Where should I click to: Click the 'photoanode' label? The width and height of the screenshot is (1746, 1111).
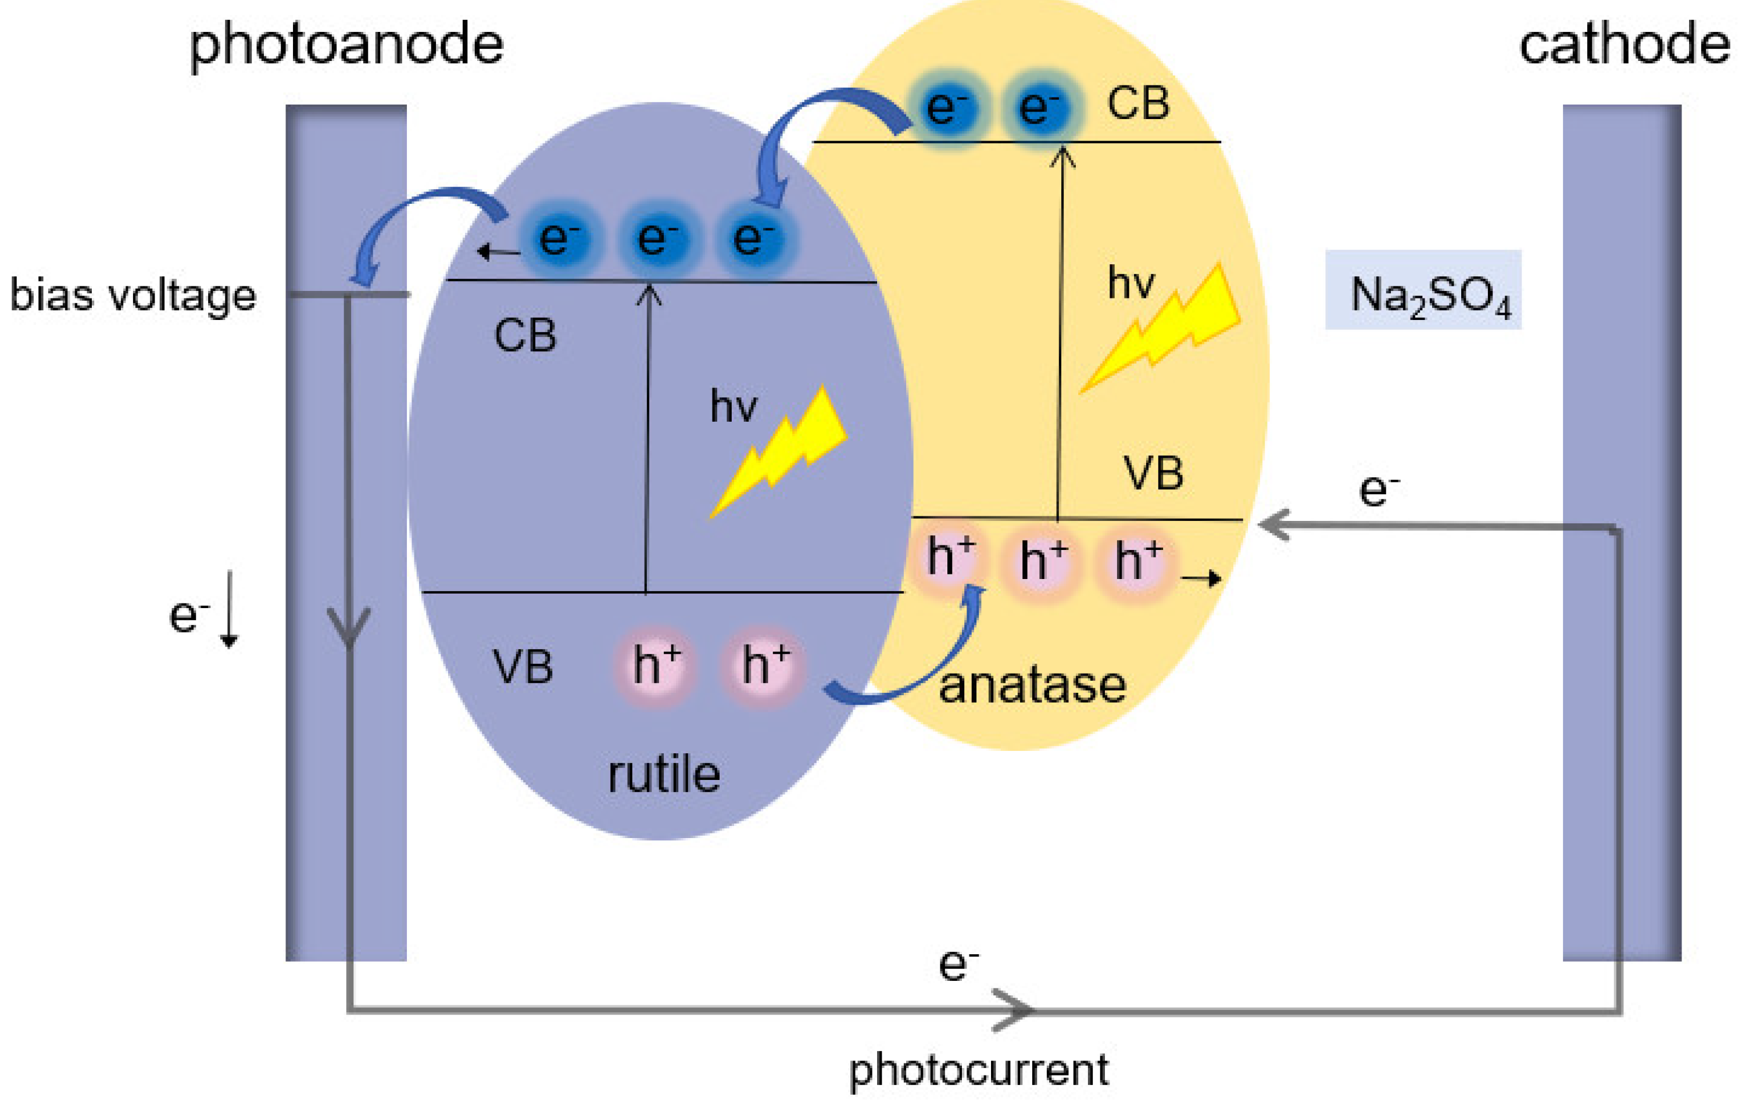point(346,45)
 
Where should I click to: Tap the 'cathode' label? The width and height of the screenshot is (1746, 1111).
point(1624,45)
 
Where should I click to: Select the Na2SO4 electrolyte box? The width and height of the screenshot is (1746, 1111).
point(1423,290)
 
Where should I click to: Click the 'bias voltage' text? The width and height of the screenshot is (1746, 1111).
point(133,296)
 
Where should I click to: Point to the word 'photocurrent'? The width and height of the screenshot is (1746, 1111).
point(978,1069)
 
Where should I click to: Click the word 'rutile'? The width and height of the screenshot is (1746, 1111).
point(663,775)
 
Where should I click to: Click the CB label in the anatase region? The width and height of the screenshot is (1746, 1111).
point(1137,103)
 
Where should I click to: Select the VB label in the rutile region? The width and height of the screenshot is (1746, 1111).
point(522,667)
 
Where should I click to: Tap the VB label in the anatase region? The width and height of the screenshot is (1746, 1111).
point(1153,474)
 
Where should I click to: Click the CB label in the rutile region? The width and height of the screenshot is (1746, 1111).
point(525,336)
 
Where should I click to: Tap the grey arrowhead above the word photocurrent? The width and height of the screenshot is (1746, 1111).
point(1011,1009)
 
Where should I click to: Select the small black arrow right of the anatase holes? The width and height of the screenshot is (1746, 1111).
point(1201,578)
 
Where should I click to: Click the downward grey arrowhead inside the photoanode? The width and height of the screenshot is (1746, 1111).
point(349,627)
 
